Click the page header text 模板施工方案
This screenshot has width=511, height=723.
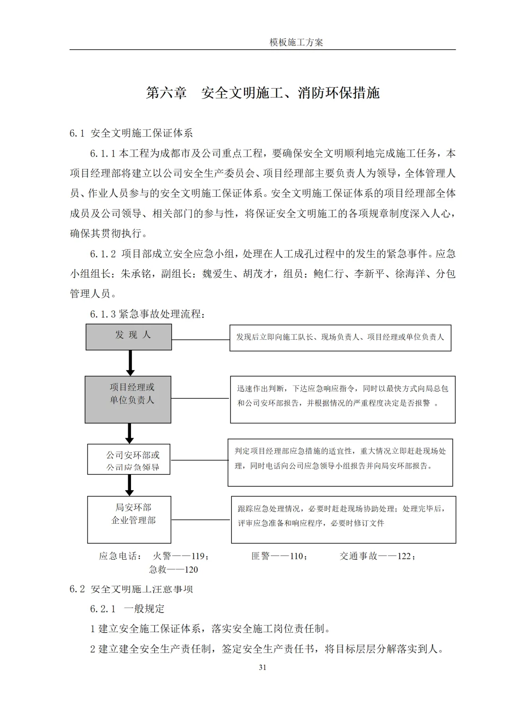(296, 42)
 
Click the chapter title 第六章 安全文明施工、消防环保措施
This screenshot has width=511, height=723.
(263, 93)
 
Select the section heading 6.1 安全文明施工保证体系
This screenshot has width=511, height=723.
(131, 133)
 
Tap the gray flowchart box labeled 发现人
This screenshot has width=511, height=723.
(129, 337)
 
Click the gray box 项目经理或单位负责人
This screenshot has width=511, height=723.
(128, 399)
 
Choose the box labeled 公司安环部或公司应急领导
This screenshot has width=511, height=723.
(129, 459)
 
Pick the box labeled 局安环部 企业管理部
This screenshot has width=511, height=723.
(129, 519)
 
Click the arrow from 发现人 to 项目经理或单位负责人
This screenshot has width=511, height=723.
(130, 363)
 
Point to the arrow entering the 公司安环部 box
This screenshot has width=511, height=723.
(129, 433)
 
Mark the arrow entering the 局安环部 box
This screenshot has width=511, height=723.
(129, 485)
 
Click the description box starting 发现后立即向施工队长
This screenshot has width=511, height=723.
(340, 337)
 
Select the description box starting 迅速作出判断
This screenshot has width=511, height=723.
(343, 399)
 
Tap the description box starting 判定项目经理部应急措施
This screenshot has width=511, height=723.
(340, 462)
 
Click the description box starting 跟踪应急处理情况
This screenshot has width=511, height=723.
(343, 519)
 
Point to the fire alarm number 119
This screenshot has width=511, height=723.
(197, 556)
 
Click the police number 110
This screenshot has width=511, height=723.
(296, 556)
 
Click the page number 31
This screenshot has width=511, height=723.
(263, 668)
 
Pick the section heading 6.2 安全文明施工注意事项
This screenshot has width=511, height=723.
(131, 589)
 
